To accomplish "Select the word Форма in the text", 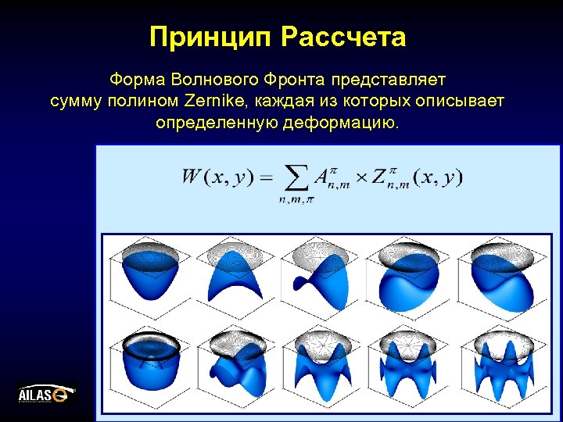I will pyautogui.click(x=134, y=80).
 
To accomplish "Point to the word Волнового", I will pyautogui.click(x=205, y=80).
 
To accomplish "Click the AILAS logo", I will pyautogui.click(x=46, y=393).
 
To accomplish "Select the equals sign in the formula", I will pyautogui.click(x=266, y=178).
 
